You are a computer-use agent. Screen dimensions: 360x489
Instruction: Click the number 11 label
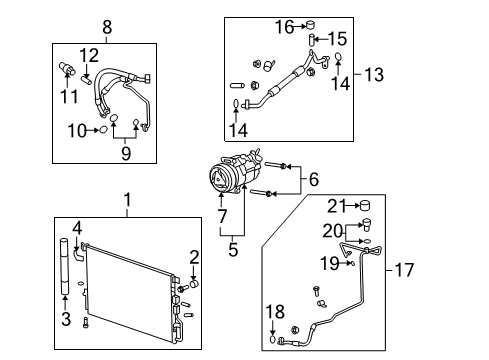pyautogui.click(x=69, y=96)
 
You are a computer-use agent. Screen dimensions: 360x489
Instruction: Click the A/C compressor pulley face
pyautogui.click(x=215, y=177)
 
